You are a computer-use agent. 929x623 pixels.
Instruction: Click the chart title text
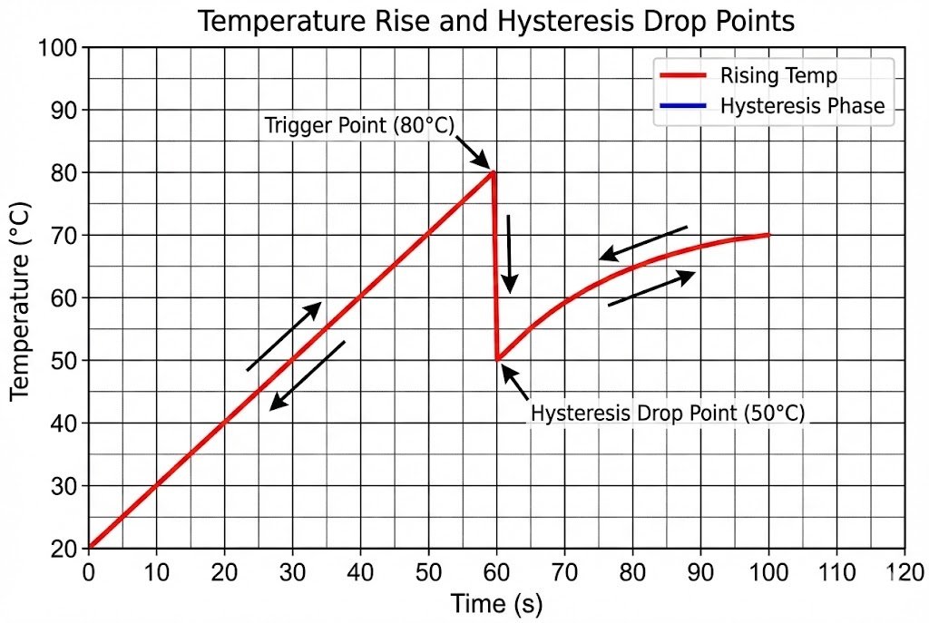point(496,20)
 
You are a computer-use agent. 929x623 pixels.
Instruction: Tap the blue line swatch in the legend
point(680,106)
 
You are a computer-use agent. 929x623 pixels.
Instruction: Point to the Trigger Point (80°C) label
point(358,125)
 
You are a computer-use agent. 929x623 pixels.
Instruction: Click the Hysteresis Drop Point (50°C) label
point(668,414)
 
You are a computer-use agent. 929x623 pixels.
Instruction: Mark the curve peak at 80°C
point(493,172)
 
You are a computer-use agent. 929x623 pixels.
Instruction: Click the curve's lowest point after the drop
point(497,359)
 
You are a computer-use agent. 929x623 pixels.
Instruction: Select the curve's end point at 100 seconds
point(768,235)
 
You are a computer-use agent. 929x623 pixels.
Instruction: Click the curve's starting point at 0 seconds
point(89,548)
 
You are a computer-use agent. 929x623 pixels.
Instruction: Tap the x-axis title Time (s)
point(496,603)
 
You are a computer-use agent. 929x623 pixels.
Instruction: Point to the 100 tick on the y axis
point(62,48)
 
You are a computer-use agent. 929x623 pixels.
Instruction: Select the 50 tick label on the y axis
point(67,361)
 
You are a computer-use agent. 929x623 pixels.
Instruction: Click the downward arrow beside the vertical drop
point(510,254)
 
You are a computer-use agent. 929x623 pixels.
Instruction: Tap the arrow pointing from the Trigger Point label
point(472,151)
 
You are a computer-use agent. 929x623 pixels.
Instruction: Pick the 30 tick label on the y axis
point(67,486)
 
